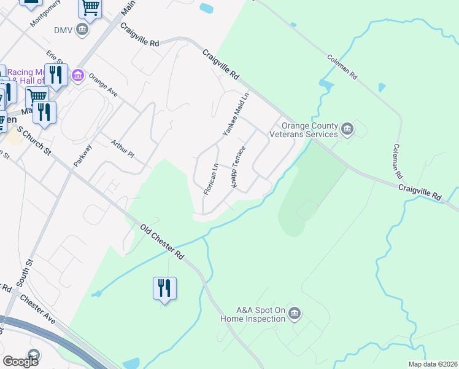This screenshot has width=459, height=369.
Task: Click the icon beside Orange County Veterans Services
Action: click(x=347, y=129)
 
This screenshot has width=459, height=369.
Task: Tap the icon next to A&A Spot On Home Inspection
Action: click(x=295, y=315)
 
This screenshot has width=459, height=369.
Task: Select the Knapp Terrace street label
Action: click(x=238, y=165)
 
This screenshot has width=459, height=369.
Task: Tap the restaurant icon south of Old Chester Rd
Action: click(x=164, y=288)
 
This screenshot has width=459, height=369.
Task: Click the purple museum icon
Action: click(x=78, y=76)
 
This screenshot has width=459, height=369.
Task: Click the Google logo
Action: click(x=20, y=362)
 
